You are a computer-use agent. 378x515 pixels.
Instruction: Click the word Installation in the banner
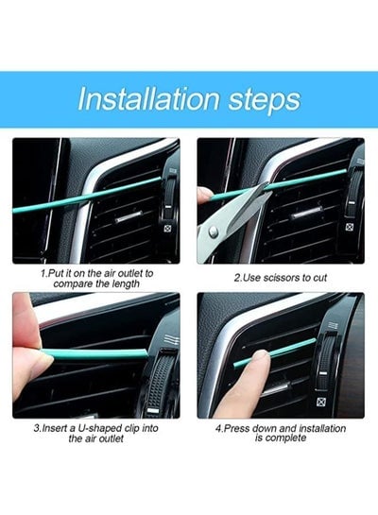pos(148,98)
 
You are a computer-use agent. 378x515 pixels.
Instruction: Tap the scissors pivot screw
pos(214,232)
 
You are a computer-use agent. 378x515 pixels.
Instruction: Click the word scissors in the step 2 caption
pos(281,278)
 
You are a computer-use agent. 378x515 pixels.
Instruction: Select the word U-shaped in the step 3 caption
pos(100,428)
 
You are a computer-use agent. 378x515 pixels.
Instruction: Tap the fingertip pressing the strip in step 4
pos(261,357)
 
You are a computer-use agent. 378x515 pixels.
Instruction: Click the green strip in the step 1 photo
pos(87,196)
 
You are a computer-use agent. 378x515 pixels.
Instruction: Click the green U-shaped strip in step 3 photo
pos(94,354)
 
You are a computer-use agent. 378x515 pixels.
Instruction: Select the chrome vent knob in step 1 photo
pos(129,215)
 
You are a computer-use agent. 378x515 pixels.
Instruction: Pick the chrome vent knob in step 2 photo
pos(307,213)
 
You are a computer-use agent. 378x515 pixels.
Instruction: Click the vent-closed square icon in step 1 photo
pos(167,229)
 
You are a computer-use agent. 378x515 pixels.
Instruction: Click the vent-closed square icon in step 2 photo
pos(350,227)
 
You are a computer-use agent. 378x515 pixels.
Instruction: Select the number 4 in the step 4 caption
pos(218,429)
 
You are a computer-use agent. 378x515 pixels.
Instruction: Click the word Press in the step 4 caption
pos(234,429)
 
